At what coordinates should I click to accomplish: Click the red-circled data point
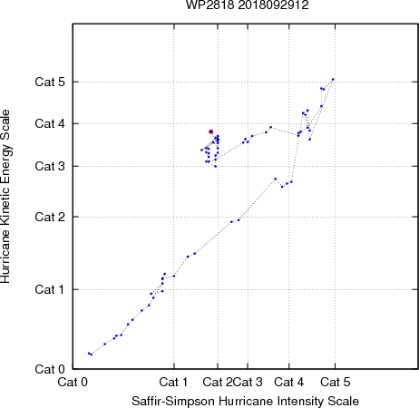point(210,131)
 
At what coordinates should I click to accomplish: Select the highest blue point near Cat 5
point(333,80)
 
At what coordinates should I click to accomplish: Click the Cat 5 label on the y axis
point(50,82)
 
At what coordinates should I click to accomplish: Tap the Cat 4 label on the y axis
point(50,123)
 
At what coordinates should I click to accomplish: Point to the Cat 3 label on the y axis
point(50,166)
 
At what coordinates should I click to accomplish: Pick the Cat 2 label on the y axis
point(50,217)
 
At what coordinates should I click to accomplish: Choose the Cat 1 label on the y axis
point(50,289)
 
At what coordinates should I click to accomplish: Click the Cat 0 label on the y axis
point(50,369)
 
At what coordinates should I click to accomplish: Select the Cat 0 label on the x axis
point(73,382)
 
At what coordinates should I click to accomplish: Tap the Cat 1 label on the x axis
point(173,382)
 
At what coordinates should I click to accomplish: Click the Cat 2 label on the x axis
point(218,382)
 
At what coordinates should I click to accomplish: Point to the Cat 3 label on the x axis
point(248,382)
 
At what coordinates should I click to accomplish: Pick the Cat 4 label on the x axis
point(289,382)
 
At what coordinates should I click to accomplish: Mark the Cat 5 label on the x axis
point(336,382)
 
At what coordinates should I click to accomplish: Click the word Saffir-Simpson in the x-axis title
point(173,402)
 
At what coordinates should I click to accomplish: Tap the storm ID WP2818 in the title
point(209,5)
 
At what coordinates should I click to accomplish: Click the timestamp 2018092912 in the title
point(274,5)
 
